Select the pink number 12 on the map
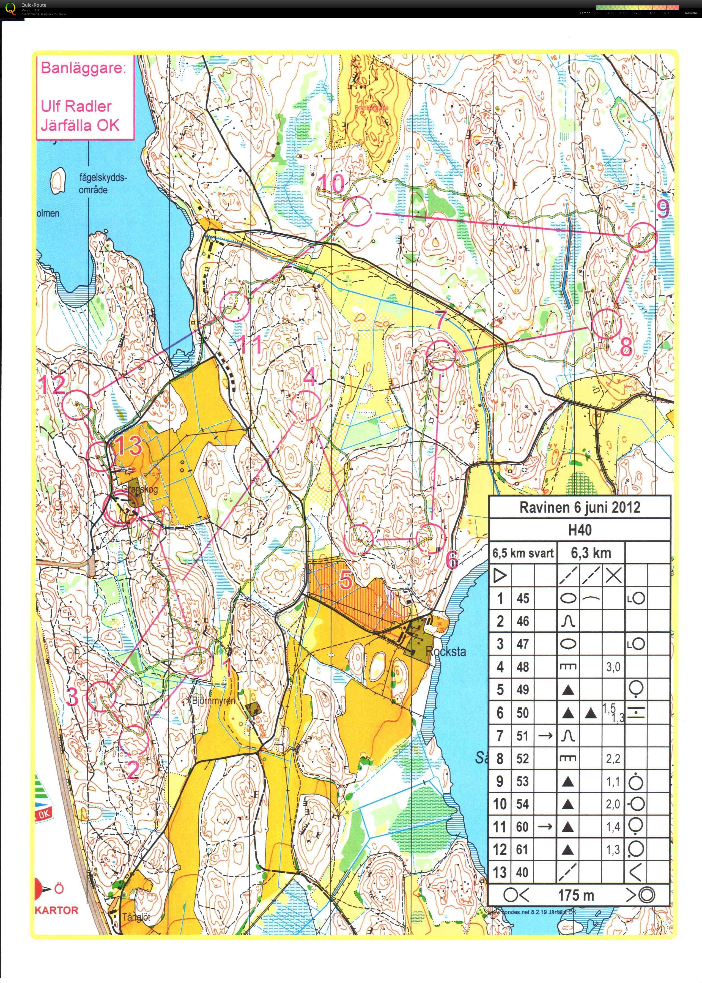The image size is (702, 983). click(x=52, y=384)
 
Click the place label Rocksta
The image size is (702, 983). click(x=446, y=651)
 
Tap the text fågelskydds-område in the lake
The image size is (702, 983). click(x=103, y=183)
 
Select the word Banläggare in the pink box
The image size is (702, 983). click(x=83, y=68)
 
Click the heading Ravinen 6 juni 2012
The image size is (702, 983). click(x=579, y=507)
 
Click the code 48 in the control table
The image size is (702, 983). click(x=523, y=667)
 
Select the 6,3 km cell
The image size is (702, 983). click(x=591, y=553)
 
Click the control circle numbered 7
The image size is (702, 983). click(x=441, y=355)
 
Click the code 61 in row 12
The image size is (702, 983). click(x=523, y=849)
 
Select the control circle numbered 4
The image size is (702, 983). click(x=306, y=406)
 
